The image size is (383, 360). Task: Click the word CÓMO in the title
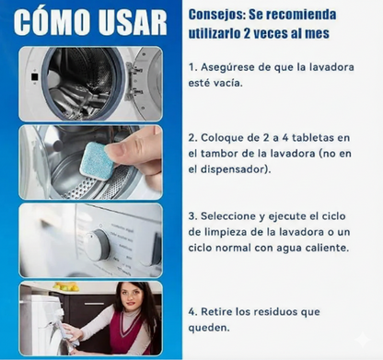[x=52, y=22]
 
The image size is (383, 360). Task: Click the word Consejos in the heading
[x=216, y=15]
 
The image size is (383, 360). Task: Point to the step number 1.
[x=192, y=67]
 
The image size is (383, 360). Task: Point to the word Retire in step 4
[x=216, y=312]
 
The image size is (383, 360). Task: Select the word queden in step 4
[x=209, y=328]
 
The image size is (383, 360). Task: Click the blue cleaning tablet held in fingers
[x=97, y=161]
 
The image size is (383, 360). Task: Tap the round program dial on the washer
[x=96, y=245]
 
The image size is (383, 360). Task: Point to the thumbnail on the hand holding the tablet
[x=114, y=150]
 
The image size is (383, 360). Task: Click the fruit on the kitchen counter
[x=65, y=287]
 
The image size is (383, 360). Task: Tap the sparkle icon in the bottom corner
[x=363, y=340]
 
